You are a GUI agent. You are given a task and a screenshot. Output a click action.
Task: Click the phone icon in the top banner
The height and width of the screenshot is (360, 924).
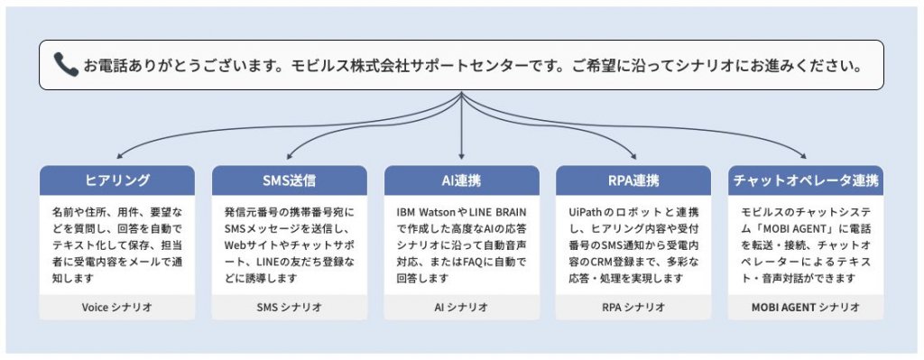[66, 64]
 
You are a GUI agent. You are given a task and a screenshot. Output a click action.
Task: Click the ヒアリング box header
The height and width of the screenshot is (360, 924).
[116, 180]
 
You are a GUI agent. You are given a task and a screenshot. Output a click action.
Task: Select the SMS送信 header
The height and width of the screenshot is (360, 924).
[289, 180]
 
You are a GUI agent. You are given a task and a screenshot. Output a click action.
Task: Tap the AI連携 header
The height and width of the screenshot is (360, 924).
[461, 180]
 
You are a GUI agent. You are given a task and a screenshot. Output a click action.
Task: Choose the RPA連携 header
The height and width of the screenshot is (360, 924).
[633, 180]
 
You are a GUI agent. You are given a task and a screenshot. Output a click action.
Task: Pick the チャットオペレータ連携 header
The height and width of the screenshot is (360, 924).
[805, 180]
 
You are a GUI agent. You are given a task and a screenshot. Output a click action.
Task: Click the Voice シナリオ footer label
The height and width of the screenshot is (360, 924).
[116, 307]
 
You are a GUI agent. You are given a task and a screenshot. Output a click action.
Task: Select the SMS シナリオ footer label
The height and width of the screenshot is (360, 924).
[289, 307]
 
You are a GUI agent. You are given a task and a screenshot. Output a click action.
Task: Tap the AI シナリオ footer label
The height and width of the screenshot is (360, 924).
[461, 307]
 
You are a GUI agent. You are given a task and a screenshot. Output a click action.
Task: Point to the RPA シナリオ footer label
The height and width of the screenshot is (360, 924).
[633, 307]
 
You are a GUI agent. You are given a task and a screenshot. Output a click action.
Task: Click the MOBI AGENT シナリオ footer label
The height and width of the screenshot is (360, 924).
[805, 307]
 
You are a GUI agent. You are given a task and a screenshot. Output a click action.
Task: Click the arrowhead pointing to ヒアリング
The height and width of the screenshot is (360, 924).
[119, 156]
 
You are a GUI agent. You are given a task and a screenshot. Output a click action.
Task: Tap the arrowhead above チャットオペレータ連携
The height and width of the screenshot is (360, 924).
[803, 156]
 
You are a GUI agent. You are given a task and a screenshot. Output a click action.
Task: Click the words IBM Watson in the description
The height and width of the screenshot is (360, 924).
[428, 211]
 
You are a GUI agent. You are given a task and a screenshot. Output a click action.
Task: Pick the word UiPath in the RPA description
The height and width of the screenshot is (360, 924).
[586, 211]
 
